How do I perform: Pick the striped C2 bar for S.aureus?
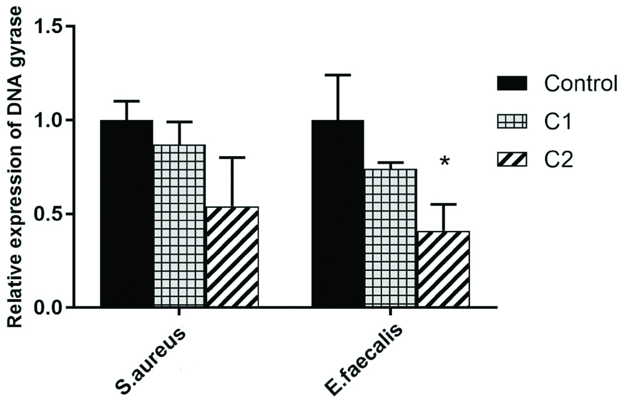(x=232, y=257)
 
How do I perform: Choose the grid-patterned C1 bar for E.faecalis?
(x=391, y=238)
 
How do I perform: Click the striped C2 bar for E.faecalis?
(x=443, y=269)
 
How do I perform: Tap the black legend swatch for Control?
(x=512, y=83)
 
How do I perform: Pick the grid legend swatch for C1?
(x=512, y=121)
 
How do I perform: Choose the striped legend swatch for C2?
(x=512, y=160)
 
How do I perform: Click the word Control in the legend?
(x=580, y=83)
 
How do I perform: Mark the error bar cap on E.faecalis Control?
(x=338, y=75)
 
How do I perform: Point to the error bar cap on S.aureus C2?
(x=232, y=157)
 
